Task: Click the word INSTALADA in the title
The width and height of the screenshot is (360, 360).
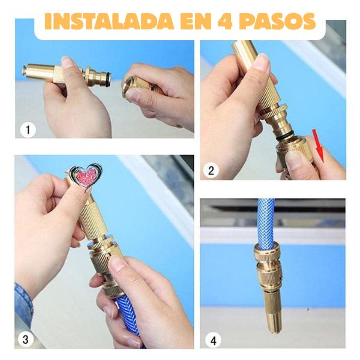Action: pyautogui.click(x=109, y=21)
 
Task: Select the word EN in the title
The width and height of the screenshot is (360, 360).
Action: pyautogui.click(x=194, y=21)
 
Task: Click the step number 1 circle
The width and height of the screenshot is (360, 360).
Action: pyautogui.click(x=28, y=130)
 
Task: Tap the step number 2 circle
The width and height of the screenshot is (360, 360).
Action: pyautogui.click(x=211, y=170)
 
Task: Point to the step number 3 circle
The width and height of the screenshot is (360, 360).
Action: pyautogui.click(x=25, y=340)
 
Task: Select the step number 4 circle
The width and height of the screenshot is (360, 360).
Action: pyautogui.click(x=213, y=340)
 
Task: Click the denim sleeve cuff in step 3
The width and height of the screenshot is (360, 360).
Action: pyautogui.click(x=23, y=303)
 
